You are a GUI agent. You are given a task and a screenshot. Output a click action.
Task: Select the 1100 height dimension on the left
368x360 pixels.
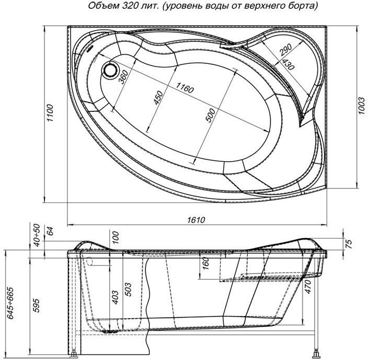tap(50, 115)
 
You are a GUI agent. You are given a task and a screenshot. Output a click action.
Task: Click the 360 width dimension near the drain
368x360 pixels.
tap(124, 79)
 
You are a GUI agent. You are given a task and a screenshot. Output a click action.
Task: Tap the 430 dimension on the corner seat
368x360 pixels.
tap(286, 63)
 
